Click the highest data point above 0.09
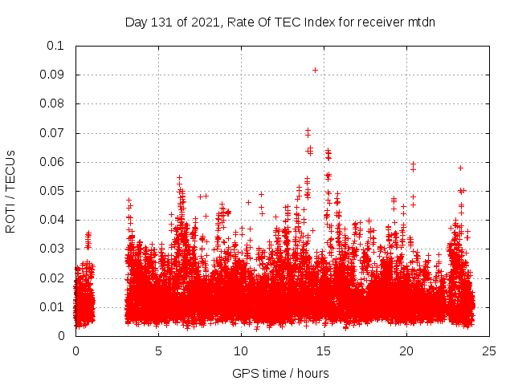pyautogui.click(x=315, y=70)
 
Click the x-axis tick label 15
pyautogui.click(x=324, y=351)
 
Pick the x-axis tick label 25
pyautogui.click(x=489, y=351)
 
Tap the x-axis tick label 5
pyautogui.click(x=158, y=351)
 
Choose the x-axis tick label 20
pyautogui.click(x=406, y=351)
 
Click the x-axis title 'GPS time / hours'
pyautogui.click(x=280, y=373)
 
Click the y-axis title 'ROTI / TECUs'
pyautogui.click(x=10, y=191)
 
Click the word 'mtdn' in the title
pyautogui.click(x=419, y=22)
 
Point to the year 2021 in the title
pyautogui.click(x=204, y=22)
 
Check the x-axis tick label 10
pyautogui.click(x=241, y=351)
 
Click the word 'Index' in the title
pyautogui.click(x=317, y=22)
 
